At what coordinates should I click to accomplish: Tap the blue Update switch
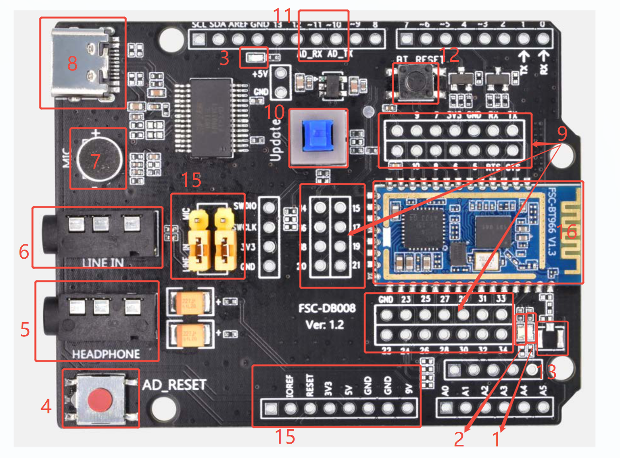coord(318,136)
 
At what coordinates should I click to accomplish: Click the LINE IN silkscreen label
coord(103,262)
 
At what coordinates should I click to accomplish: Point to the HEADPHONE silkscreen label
coord(106,354)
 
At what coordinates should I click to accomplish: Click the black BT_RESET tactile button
coord(415,82)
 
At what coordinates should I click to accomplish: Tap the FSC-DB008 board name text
coord(327,308)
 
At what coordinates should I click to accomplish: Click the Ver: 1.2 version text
coord(325,324)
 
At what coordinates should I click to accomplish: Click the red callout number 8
coord(72,63)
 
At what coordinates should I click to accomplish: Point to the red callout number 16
coord(566,232)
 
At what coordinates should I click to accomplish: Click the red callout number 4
coord(46,406)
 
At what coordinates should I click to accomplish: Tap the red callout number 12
coord(449,55)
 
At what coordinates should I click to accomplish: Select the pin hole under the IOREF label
coord(290,408)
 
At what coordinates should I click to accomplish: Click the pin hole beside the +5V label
coord(281,73)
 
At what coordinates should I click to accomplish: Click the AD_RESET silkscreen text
coord(174,385)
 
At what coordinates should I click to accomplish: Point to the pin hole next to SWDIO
coord(269,207)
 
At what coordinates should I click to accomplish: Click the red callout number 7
coord(95,161)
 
